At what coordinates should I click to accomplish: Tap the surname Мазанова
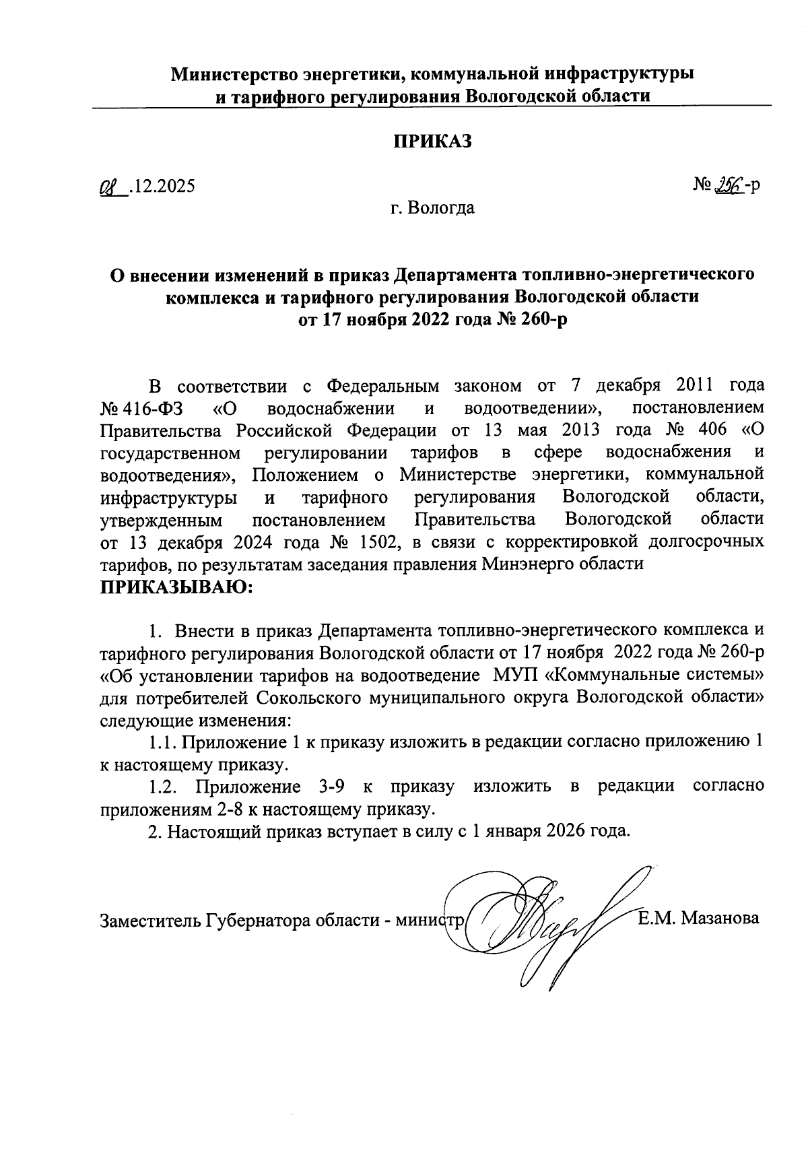(720, 919)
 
